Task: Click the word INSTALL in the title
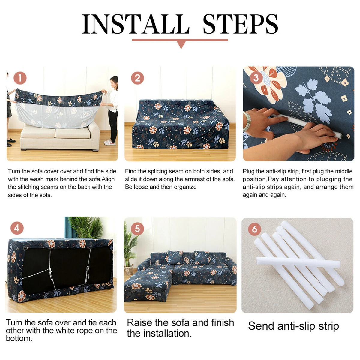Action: coord(136,24)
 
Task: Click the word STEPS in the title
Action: coord(240,24)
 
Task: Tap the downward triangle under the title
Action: coord(181,45)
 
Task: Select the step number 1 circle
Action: coord(20,78)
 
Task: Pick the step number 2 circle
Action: coord(137,78)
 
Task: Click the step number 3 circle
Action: coord(256,78)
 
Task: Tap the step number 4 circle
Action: coord(17,229)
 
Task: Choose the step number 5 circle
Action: coord(137,229)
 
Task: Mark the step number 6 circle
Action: coord(255,229)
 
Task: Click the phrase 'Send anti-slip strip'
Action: coord(293,326)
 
